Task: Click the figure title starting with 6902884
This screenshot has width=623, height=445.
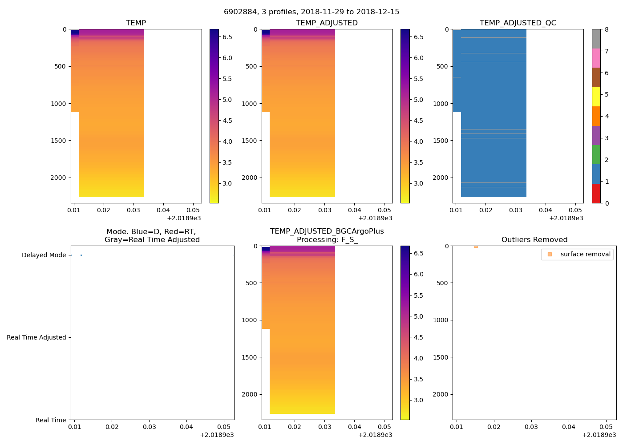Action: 311,12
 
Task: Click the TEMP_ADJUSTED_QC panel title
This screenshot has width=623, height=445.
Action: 518,23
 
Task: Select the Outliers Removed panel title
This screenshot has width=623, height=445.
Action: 534,240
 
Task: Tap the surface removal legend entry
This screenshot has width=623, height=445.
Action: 585,254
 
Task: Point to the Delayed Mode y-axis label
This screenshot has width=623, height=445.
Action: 44,255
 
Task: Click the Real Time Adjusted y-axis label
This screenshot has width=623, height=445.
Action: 36,337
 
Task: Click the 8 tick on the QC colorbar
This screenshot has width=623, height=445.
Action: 607,29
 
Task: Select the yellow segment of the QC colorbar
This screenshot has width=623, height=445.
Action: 596,97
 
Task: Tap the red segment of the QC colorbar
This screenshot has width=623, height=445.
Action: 596,194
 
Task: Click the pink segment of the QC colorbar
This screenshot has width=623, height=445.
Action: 596,58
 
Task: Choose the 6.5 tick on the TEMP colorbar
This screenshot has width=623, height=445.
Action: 227,37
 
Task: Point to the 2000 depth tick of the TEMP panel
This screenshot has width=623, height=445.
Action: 58,178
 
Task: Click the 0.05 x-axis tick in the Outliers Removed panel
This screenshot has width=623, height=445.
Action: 606,427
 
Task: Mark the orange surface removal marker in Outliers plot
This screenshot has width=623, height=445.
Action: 476,246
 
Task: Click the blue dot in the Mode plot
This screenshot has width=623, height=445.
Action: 81,255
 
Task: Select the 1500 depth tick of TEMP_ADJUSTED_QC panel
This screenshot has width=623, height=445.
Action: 441,141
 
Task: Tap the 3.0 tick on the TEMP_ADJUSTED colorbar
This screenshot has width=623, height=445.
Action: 418,183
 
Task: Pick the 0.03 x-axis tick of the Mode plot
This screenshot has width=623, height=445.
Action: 149,427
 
